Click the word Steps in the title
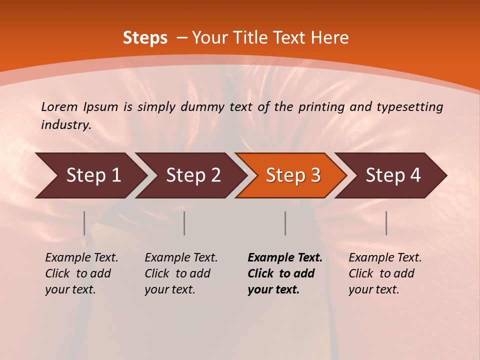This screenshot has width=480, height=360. click(145, 38)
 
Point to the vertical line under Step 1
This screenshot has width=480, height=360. click(84, 223)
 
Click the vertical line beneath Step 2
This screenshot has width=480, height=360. click(184, 223)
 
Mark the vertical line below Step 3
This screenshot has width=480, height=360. click(285, 223)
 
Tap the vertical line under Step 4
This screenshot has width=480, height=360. click(386, 223)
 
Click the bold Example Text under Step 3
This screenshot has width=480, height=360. click(284, 273)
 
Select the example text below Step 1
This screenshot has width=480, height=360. click(81, 273)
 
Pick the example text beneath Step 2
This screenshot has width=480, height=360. click(181, 273)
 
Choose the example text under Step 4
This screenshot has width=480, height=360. click(385, 273)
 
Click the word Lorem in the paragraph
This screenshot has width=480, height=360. click(59, 106)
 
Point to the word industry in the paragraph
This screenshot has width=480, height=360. click(65, 125)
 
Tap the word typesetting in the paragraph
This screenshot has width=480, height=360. click(409, 107)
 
